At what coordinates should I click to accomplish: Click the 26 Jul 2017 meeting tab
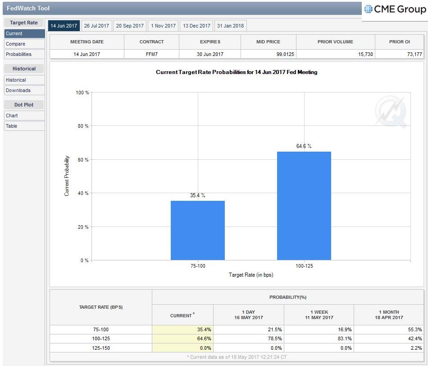point(96,26)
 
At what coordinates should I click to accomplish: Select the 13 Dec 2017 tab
point(196,26)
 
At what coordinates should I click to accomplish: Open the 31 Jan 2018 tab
point(230,26)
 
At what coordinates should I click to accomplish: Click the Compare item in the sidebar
point(24,44)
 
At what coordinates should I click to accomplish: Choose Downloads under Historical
point(24,90)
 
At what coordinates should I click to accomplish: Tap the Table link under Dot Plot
point(24,126)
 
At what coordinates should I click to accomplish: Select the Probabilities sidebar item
point(24,54)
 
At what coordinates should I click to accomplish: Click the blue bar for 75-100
point(198,231)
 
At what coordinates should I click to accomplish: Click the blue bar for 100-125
point(304,206)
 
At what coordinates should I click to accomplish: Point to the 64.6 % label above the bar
point(304,146)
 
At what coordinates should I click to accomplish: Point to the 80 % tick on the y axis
point(83,126)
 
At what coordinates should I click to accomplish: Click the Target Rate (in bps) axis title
point(251,275)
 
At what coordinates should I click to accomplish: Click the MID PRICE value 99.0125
point(285,54)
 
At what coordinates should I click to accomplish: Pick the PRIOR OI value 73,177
point(414,54)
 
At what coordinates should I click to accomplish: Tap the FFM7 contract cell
point(151,54)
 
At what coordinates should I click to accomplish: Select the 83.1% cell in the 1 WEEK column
point(345,338)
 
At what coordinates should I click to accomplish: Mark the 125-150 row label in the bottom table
point(101,348)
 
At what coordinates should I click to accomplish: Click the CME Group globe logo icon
point(368,9)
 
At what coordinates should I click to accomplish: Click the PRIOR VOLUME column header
point(335,42)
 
